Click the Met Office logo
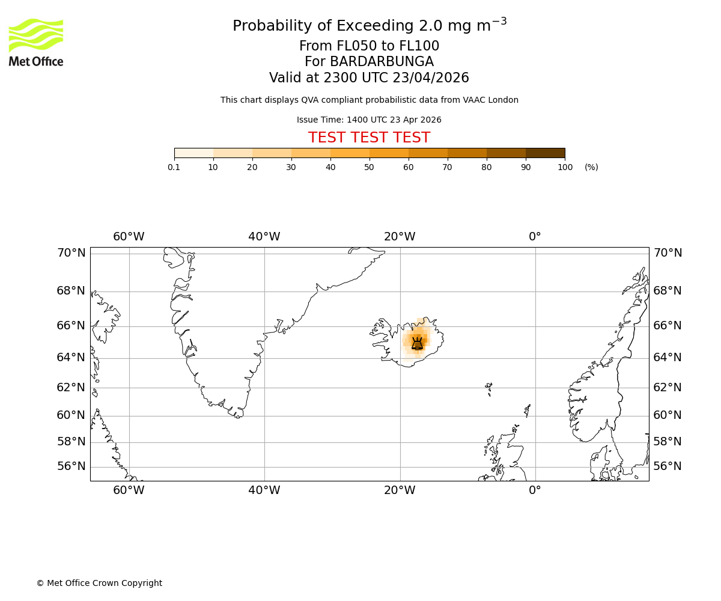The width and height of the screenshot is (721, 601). pos(36,42)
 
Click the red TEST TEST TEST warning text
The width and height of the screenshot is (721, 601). pos(369,138)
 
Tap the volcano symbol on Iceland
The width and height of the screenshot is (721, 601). pos(417,344)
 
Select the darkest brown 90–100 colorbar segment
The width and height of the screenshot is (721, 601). pos(545,153)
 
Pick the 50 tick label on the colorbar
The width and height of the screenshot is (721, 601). pos(370,167)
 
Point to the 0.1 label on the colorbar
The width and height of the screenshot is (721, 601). pos(174,167)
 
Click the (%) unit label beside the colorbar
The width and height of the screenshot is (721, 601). pos(591,167)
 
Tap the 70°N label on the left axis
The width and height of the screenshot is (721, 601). pos(71,253)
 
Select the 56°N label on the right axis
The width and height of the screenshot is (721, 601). pos(668,466)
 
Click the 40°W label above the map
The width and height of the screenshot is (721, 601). pos(264,237)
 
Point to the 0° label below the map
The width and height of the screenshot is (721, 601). pos(535,490)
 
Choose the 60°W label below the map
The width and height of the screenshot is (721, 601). pos(129,490)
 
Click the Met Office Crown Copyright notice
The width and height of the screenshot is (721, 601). pos(99,583)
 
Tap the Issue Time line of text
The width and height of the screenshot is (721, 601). pos(369,120)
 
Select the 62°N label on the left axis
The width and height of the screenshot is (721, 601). pos(71,388)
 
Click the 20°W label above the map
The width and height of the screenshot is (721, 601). pos(400,237)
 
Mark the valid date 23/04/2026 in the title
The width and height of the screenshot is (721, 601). pos(431,78)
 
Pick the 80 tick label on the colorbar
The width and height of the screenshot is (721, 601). pos(487,167)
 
